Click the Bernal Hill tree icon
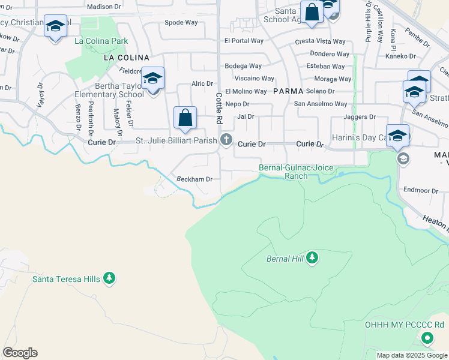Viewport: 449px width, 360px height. click(x=312, y=258)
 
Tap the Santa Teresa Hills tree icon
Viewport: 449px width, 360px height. click(x=109, y=278)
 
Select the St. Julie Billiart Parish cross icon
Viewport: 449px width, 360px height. click(x=226, y=141)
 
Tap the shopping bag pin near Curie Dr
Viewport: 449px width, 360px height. click(x=185, y=118)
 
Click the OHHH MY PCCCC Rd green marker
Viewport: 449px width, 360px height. click(x=427, y=338)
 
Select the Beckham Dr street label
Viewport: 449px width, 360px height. click(x=194, y=179)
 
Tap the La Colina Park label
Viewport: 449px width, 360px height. click(x=101, y=41)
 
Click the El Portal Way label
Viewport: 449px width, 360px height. click(x=244, y=41)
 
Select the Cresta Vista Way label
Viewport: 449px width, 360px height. click(x=321, y=42)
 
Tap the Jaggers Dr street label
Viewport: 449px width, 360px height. click(x=360, y=117)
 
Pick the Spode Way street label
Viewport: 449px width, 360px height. click(x=181, y=23)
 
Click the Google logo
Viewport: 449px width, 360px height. click(x=20, y=353)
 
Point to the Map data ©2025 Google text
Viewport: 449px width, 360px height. click(x=412, y=355)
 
